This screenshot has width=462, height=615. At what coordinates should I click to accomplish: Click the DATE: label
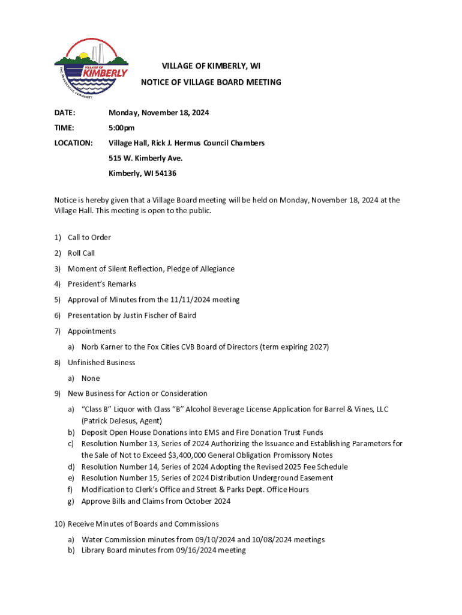point(65,113)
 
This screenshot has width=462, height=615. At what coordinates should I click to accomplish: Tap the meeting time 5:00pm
point(121,128)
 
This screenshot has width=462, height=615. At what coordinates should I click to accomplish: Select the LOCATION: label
point(73,143)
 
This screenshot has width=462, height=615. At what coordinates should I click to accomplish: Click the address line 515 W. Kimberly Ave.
point(145,158)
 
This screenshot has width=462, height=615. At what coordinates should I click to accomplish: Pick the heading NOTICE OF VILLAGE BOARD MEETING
point(211,82)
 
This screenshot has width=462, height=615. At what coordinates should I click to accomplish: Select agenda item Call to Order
point(89,237)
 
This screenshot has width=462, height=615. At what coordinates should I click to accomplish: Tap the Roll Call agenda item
point(81,253)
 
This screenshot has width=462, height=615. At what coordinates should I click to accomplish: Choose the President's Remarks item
point(101,284)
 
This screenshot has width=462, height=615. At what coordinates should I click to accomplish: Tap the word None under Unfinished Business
point(91,378)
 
